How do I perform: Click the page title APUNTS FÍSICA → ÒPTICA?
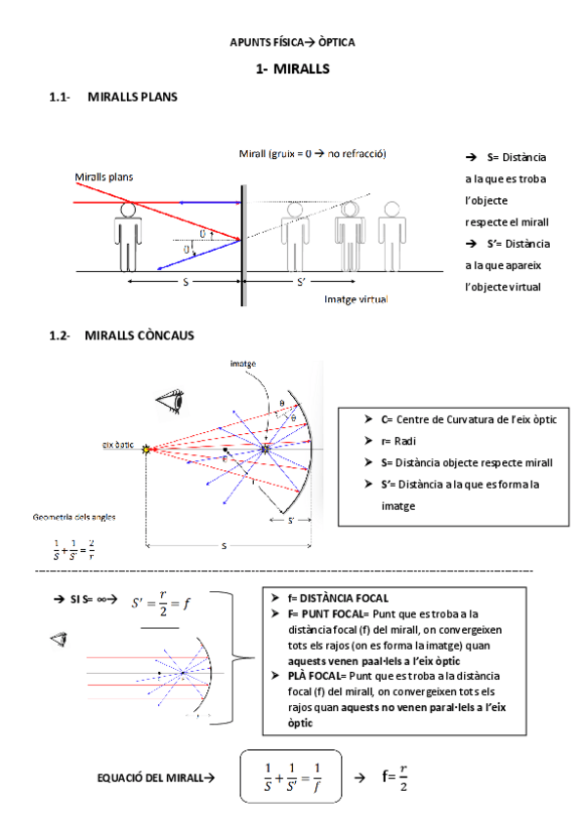292,43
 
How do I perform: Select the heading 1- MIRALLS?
292,69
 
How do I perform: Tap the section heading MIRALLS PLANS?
132,98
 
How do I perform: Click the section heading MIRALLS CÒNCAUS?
139,335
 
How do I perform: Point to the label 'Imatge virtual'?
355,299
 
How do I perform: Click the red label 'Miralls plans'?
104,177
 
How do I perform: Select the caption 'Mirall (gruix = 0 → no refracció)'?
313,154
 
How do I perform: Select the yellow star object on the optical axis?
148,449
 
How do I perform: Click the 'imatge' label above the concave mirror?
243,363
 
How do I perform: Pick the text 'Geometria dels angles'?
71,517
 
